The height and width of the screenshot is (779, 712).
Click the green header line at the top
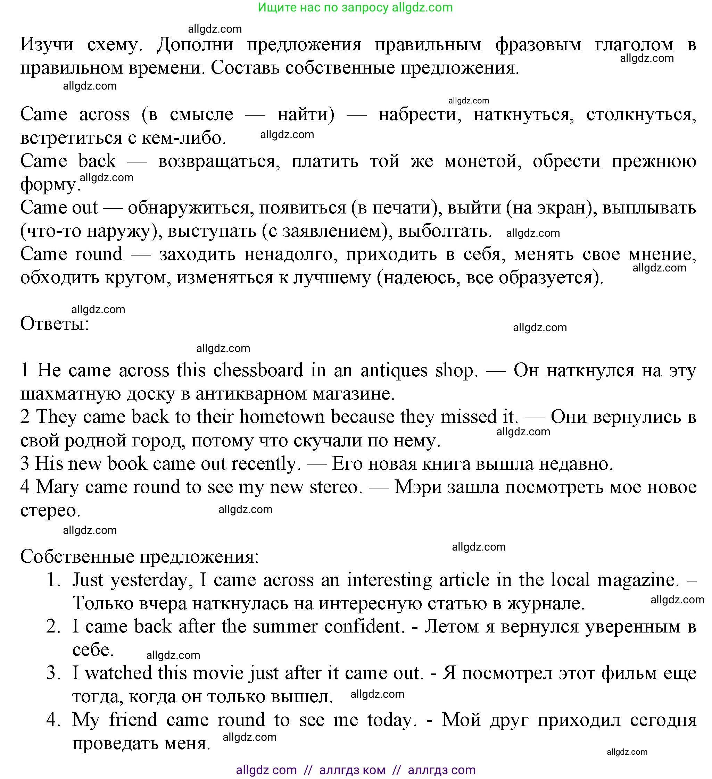pyautogui.click(x=355, y=7)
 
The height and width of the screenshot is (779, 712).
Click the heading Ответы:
pyautogui.click(x=55, y=324)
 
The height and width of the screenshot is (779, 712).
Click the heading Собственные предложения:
pyautogui.click(x=140, y=557)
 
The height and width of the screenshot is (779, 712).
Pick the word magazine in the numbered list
pyautogui.click(x=638, y=580)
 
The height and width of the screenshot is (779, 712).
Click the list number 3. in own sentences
pyautogui.click(x=54, y=673)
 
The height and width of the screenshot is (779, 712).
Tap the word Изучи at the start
pyautogui.click(x=47, y=44)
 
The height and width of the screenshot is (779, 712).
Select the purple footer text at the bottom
pyautogui.click(x=356, y=770)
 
